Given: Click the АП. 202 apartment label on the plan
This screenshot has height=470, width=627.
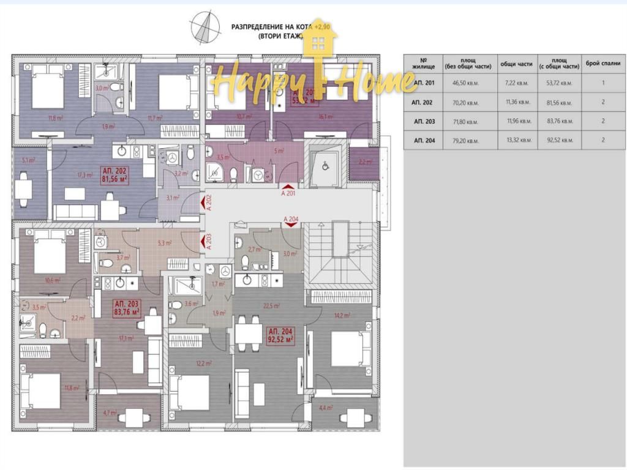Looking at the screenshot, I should (114, 174).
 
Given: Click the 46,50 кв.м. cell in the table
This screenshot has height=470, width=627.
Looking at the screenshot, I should (464, 83).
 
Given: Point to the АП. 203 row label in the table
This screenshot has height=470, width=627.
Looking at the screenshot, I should (424, 121).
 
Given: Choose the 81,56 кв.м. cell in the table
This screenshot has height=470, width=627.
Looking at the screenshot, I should (558, 102).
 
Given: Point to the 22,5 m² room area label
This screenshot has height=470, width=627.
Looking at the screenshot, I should (271, 306).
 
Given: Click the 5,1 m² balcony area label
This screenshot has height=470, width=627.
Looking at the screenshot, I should (28, 160).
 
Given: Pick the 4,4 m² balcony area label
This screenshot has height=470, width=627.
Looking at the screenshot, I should (325, 408).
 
